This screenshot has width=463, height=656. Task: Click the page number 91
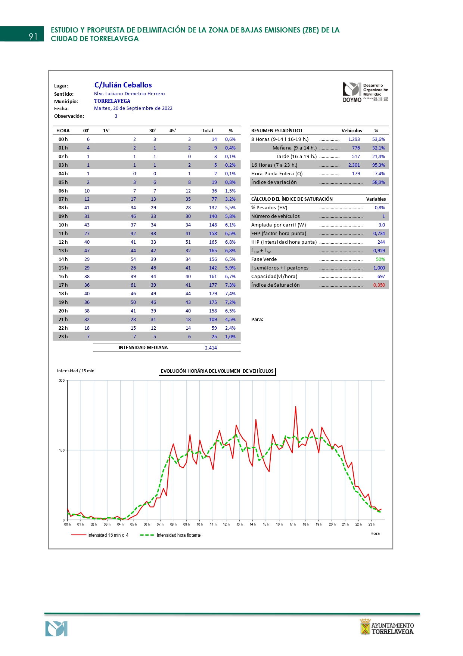[x=33, y=36]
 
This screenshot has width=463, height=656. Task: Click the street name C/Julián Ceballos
[x=123, y=85]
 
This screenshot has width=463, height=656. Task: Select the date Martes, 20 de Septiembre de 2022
[x=133, y=108]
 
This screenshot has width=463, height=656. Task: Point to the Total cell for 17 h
[x=213, y=285]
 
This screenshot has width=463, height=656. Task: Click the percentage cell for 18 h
[x=230, y=294]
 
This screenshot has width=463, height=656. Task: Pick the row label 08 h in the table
[x=63, y=208]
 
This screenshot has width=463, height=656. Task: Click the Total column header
[x=207, y=131]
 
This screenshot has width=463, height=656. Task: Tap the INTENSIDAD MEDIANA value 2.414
[x=211, y=348]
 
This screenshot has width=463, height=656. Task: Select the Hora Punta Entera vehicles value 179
[x=356, y=174]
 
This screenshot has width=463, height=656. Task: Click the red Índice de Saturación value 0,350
[x=379, y=285]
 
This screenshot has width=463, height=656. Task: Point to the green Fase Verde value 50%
[x=380, y=259]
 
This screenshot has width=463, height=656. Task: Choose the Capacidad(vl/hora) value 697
[x=381, y=277]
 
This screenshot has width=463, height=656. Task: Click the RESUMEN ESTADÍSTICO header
[x=277, y=131]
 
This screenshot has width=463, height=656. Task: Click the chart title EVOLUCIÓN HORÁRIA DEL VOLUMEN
[x=217, y=371]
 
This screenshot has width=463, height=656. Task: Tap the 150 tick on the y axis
[x=62, y=450]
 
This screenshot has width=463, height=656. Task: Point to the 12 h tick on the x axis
[x=226, y=524]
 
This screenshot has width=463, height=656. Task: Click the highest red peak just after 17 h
[x=296, y=407]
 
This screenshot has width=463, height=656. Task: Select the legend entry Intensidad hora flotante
[x=178, y=535]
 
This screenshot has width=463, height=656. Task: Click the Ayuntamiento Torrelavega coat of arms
[x=365, y=627]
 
